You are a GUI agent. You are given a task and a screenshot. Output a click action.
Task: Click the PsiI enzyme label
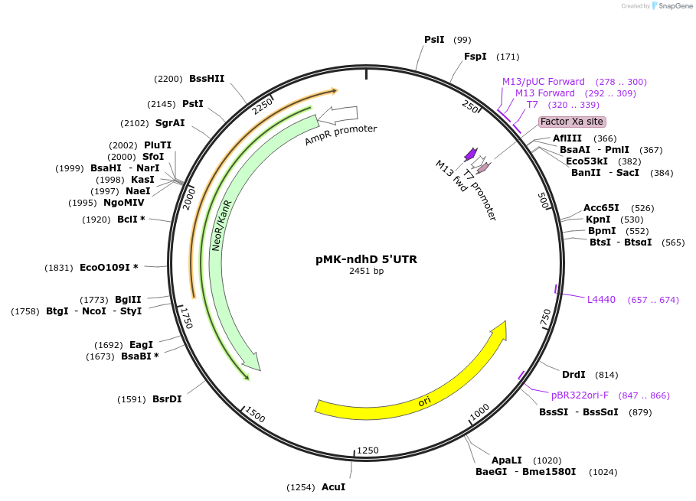[x=434, y=40]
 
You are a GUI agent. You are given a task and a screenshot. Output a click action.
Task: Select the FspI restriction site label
[x=475, y=57]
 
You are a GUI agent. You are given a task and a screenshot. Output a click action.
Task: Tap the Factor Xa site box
[x=572, y=122]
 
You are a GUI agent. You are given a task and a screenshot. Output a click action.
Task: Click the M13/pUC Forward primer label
[x=544, y=82]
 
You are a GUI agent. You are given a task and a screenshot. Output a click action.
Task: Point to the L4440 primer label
[x=601, y=300]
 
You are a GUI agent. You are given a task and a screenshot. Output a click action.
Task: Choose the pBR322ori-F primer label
[x=580, y=395]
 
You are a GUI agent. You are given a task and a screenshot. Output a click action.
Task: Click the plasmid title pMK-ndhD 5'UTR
[x=366, y=259]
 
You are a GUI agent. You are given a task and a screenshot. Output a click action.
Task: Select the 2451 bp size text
[x=366, y=272]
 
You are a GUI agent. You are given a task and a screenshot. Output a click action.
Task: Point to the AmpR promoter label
[x=341, y=135]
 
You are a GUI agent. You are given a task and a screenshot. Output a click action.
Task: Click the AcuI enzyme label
[x=333, y=487]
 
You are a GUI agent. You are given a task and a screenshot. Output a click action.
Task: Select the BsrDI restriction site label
[x=167, y=399]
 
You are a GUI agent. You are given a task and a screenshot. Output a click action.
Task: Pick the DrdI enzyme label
[x=573, y=375]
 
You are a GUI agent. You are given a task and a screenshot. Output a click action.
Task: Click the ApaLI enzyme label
[x=507, y=460]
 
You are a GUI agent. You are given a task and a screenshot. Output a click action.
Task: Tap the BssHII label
[x=207, y=79]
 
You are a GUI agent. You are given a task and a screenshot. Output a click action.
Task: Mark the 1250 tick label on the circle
[x=368, y=451]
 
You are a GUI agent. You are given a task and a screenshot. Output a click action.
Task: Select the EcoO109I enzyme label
[x=109, y=268]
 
